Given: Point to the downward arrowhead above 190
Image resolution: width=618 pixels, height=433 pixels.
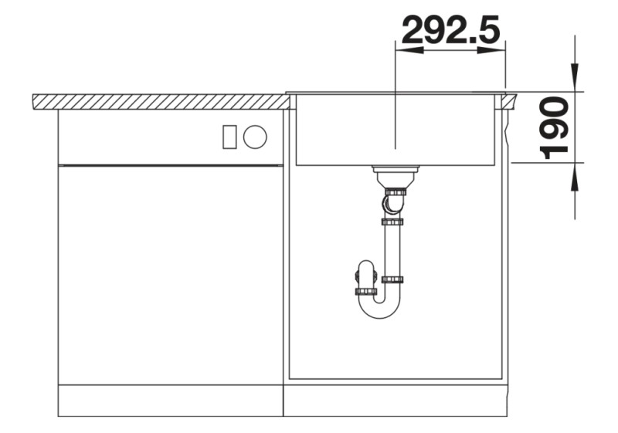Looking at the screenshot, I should pyautogui.click(x=574, y=77).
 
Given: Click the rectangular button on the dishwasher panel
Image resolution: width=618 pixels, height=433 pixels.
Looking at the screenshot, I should pyautogui.click(x=229, y=137).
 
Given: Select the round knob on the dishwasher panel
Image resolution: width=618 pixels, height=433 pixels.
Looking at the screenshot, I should pyautogui.click(x=255, y=137).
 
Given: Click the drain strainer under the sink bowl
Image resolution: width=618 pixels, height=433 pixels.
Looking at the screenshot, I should pyautogui.click(x=395, y=171).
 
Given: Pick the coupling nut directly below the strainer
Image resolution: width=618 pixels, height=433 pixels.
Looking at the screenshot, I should pyautogui.click(x=395, y=190).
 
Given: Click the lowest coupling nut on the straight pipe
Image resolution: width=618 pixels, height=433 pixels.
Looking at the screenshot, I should pyautogui.click(x=392, y=279).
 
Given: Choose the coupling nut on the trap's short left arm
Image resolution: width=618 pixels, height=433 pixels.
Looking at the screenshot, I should pyautogui.click(x=365, y=291).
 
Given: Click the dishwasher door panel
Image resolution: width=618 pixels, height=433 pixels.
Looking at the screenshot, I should pyautogui.click(x=170, y=278).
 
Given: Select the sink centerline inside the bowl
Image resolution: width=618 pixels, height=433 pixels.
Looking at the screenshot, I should pyautogui.click(x=395, y=123).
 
